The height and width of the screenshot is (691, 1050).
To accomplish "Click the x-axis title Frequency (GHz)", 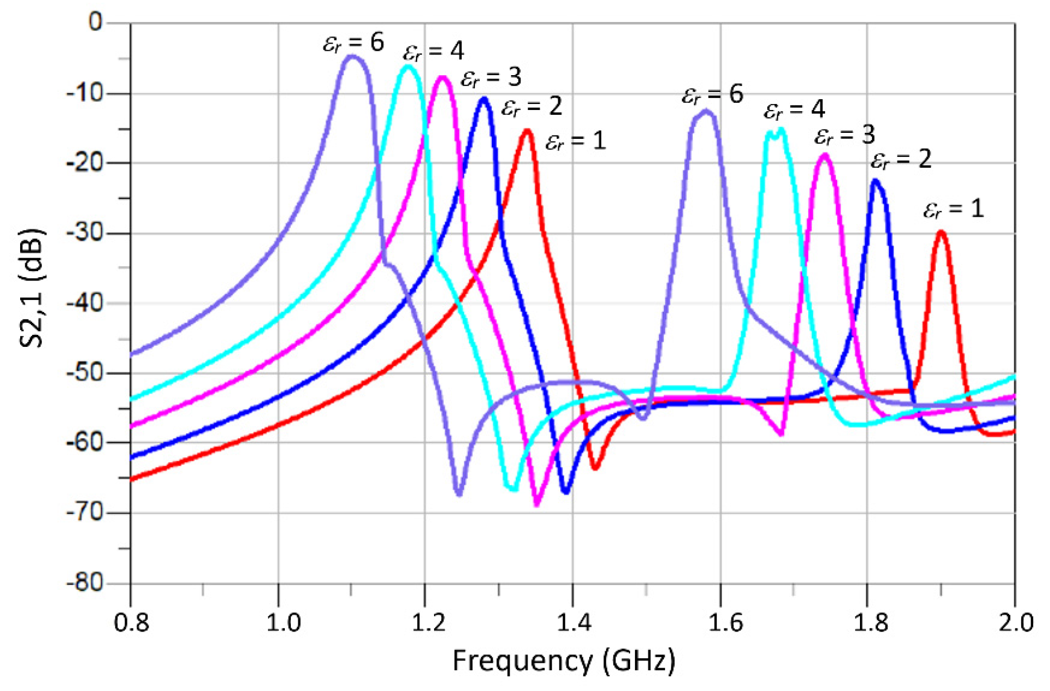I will pyautogui.click(x=564, y=661).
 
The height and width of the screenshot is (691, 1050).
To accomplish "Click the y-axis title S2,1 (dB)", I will pyautogui.click(x=32, y=288).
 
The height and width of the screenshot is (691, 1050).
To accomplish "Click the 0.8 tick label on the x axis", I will pyautogui.click(x=131, y=622).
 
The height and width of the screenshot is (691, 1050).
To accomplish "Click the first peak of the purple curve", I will pyautogui.click(x=352, y=56).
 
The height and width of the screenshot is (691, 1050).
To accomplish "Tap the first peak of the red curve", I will pyautogui.click(x=527, y=130).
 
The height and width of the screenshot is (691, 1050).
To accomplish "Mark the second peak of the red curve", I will pyautogui.click(x=941, y=232).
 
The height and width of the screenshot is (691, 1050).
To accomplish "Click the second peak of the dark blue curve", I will pyautogui.click(x=875, y=180).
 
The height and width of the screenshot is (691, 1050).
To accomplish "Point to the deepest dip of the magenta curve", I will pyautogui.click(x=537, y=505).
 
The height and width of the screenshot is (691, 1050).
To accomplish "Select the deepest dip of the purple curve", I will pyautogui.click(x=459, y=494).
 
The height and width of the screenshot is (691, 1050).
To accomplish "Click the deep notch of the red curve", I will pyautogui.click(x=595, y=468).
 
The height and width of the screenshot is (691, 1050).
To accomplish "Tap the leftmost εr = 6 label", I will pyautogui.click(x=353, y=43).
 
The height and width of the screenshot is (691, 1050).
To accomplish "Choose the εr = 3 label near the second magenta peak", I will pyautogui.click(x=844, y=135).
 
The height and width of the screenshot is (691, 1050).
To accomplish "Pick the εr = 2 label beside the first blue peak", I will pyautogui.click(x=531, y=107).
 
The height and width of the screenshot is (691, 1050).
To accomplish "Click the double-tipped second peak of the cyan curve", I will pyautogui.click(x=776, y=131).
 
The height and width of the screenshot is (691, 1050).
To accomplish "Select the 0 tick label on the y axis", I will pyautogui.click(x=95, y=22).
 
